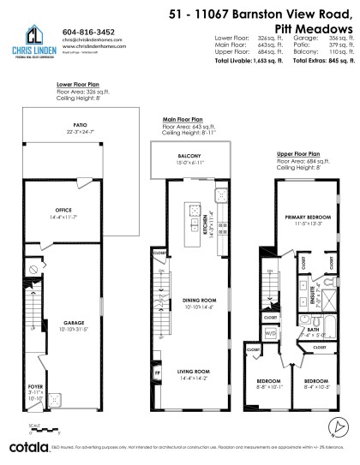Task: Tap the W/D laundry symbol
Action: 272,332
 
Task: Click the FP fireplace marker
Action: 159,373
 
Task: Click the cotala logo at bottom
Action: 25,448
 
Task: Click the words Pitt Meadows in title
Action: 317,27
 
